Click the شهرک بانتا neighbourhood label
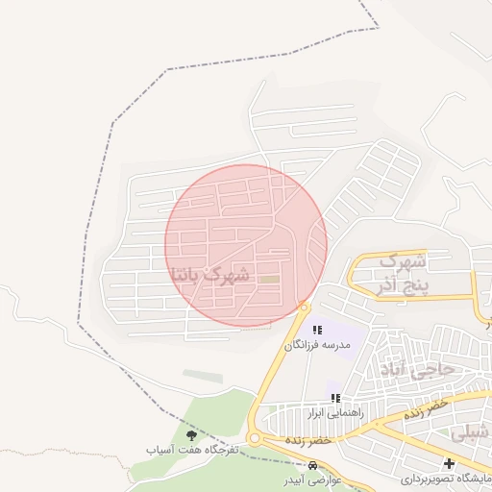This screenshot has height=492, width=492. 209,275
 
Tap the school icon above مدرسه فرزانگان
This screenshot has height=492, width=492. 317,330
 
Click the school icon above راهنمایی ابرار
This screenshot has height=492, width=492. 334,399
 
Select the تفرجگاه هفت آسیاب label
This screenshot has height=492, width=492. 192,450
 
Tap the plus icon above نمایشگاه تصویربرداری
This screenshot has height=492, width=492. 449,464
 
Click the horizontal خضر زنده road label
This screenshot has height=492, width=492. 307,439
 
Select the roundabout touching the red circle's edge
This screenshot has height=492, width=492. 304,307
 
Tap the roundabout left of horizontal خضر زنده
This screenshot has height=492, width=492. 254,439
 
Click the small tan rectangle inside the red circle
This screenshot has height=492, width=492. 270,280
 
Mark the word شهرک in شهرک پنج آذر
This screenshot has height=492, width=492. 403,261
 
